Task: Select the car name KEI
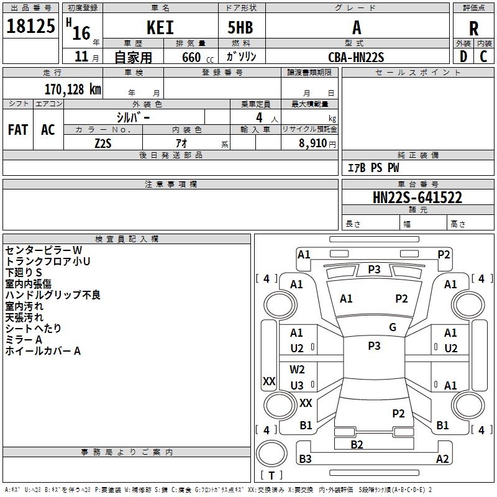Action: click(160, 28)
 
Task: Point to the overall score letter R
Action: click(473, 28)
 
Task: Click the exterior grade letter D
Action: click(463, 56)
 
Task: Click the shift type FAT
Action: click(18, 130)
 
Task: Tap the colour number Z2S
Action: click(103, 143)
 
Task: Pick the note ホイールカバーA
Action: click(43, 350)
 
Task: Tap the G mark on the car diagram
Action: click(393, 327)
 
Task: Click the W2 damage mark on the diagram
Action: click(297, 370)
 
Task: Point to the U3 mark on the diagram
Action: click(297, 385)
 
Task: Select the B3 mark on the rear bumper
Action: click(305, 459)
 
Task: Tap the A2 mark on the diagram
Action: click(442, 459)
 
